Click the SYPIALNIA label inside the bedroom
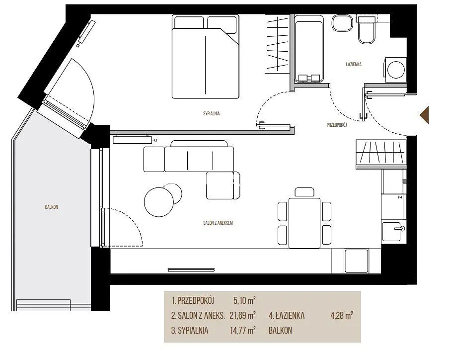(x=212, y=113)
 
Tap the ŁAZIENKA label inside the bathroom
(x=354, y=64)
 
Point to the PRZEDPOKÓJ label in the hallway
(x=337, y=125)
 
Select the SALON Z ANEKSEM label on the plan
(x=218, y=223)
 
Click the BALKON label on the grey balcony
(x=52, y=207)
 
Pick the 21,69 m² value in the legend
(x=242, y=315)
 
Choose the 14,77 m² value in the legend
(x=242, y=330)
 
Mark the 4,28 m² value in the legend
(x=342, y=315)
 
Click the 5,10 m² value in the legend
(x=244, y=300)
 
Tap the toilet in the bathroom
(x=366, y=30)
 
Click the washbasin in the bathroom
(x=342, y=23)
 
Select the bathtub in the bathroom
(x=309, y=49)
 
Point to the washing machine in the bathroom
(x=395, y=69)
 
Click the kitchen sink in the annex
(x=393, y=231)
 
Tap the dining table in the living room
(x=304, y=223)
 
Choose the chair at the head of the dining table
(x=304, y=192)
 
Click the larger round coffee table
(x=159, y=202)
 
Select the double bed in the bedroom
(x=205, y=57)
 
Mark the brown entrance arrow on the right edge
(x=424, y=115)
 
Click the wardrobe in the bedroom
(x=277, y=44)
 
